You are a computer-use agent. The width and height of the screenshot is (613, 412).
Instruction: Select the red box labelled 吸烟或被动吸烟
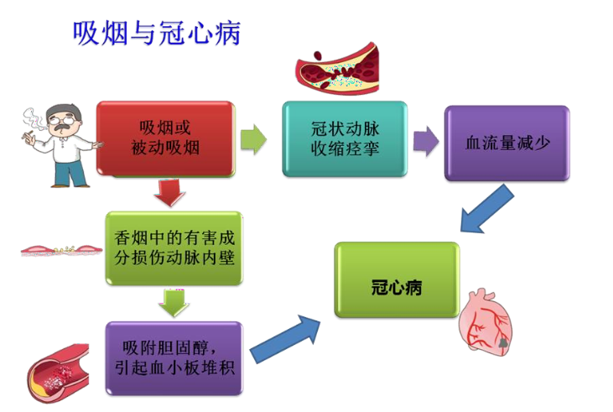click(164, 138)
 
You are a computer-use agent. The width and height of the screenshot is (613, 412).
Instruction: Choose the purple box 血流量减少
click(507, 143)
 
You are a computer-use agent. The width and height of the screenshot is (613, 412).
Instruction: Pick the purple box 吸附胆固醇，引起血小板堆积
click(174, 357)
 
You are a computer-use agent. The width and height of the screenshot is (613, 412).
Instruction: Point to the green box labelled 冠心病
click(397, 280)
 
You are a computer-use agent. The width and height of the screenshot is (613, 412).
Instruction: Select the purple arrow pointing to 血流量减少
click(426, 141)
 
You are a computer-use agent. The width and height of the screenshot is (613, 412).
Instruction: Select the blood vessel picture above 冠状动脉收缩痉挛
click(340, 70)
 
